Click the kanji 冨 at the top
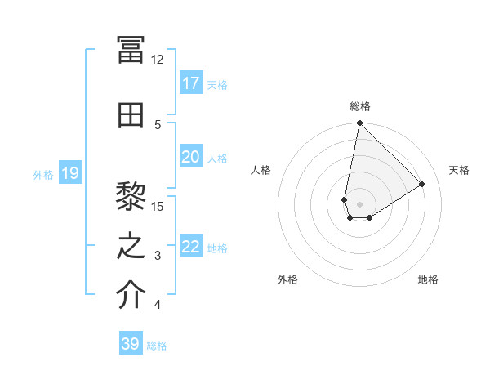point(131,49)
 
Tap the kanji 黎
point(131,195)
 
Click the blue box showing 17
point(191,83)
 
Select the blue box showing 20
point(191,157)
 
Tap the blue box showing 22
point(191,248)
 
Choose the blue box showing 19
point(70,173)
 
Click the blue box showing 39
point(131,344)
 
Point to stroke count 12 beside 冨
point(158,60)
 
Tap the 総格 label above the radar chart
point(359,106)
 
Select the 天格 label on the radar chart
point(459,170)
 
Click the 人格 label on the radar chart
point(261,170)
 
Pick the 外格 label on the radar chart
point(287,279)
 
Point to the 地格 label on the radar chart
point(428,279)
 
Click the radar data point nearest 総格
point(359,123)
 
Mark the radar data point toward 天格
point(422,184)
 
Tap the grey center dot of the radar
point(359,203)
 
